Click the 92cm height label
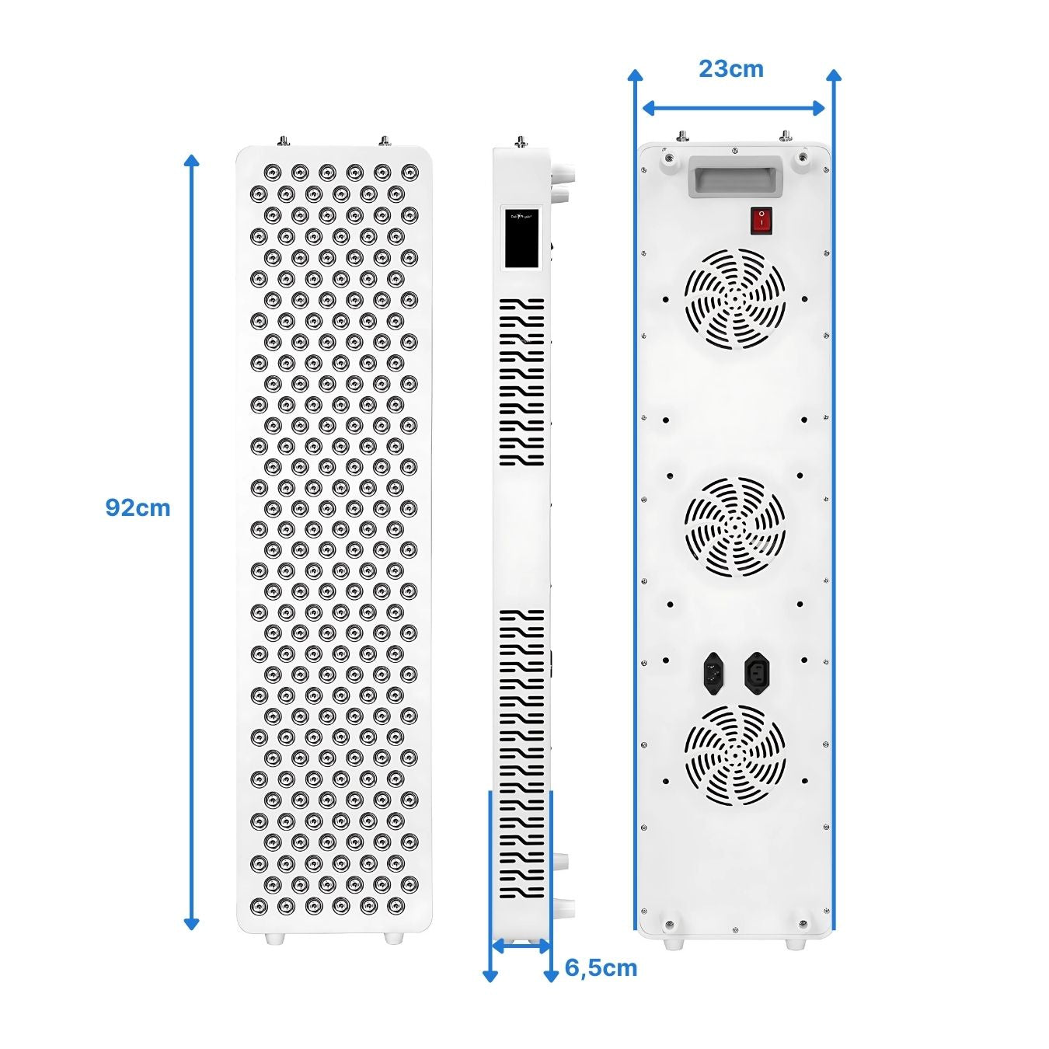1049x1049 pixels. [138, 507]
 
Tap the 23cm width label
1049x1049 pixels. [730, 68]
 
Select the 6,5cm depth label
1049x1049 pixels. [601, 967]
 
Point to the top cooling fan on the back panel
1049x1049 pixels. [734, 299]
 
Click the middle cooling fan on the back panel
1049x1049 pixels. [734, 526]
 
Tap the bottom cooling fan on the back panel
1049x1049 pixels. [734, 755]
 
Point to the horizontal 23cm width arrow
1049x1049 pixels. [733, 108]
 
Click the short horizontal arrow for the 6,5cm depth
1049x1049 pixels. [521, 946]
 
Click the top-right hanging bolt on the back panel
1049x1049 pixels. [786, 137]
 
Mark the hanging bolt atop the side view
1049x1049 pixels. [519, 141]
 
